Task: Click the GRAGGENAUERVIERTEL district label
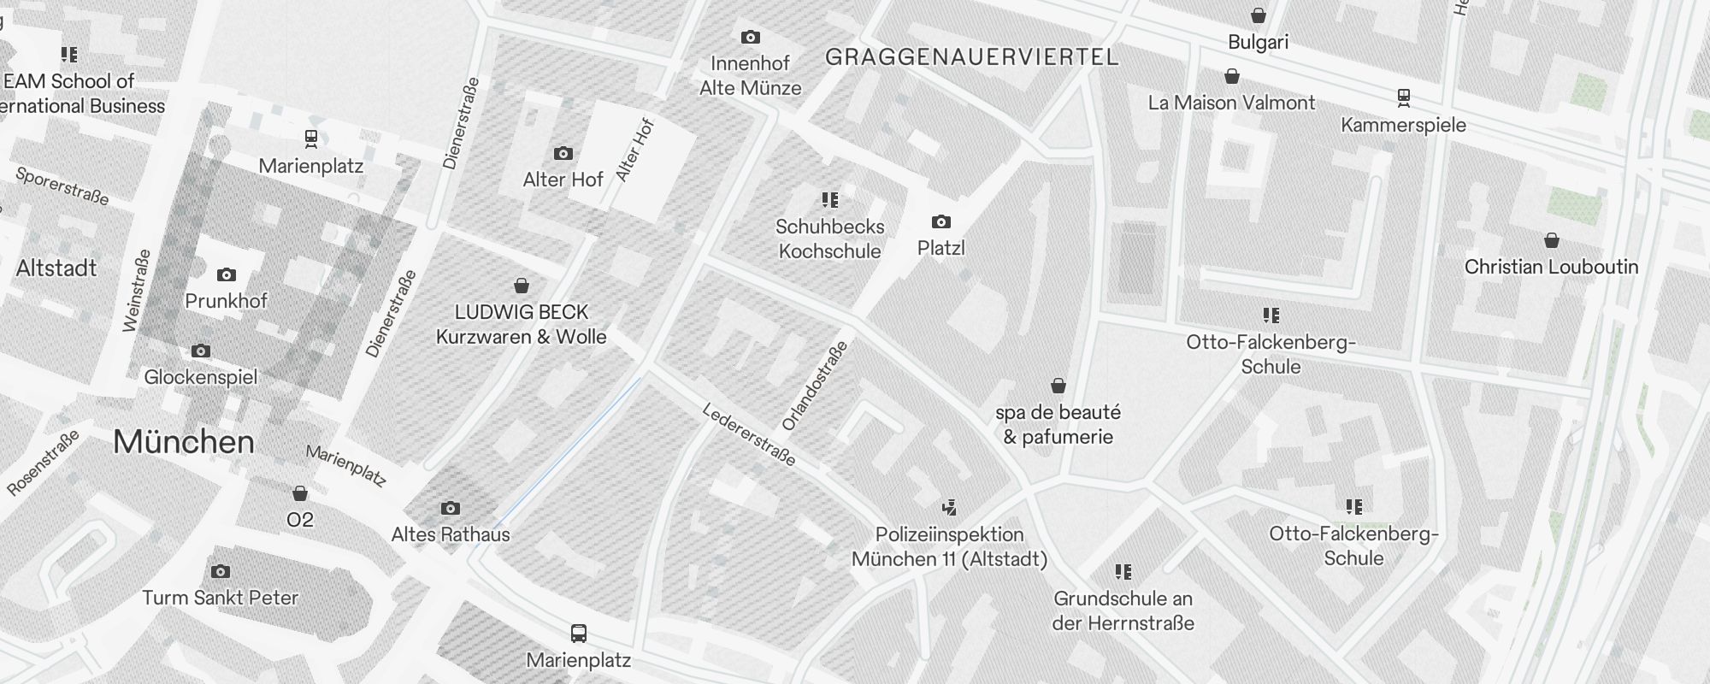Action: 971,57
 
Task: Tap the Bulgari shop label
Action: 1258,42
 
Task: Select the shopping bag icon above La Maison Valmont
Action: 1232,77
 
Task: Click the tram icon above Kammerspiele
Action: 1403,97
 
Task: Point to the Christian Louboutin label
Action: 1551,267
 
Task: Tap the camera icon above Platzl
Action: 940,222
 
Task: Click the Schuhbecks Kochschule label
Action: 829,239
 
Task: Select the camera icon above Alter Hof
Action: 563,154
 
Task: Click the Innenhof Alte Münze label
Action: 750,75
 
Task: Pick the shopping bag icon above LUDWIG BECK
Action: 521,286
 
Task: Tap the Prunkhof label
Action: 226,301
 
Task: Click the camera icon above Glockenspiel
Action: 200,351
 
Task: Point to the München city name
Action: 184,442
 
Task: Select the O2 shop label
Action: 300,520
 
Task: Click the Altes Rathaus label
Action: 451,534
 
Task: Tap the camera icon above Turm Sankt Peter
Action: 220,571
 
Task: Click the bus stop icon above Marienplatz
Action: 579,634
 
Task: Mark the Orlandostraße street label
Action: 815,386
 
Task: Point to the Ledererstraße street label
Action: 749,435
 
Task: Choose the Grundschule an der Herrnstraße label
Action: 1123,610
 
